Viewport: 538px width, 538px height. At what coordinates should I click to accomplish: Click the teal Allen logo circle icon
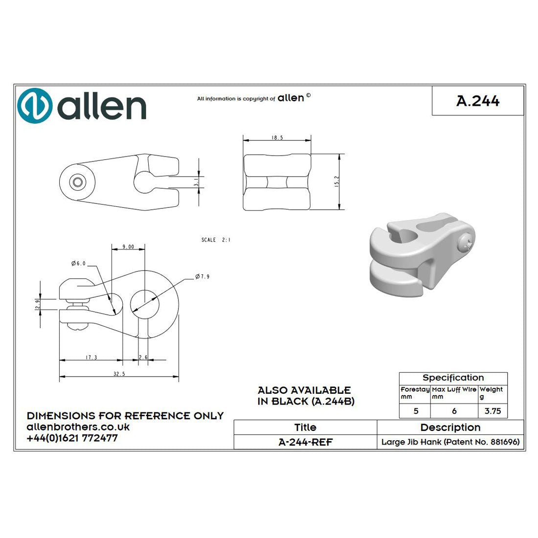(35, 106)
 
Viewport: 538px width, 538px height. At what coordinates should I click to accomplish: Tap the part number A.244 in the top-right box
(478, 101)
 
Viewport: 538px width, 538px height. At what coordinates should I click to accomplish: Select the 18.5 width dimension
(277, 138)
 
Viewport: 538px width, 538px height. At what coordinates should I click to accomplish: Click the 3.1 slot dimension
(196, 182)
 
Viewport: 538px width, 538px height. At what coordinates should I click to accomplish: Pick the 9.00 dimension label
(128, 247)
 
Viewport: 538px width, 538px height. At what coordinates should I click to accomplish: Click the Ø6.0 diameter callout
(78, 264)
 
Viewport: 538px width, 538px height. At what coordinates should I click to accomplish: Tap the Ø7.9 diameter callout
(202, 277)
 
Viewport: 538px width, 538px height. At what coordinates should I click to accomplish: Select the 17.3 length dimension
(91, 358)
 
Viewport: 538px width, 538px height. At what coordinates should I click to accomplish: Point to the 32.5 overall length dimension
(119, 374)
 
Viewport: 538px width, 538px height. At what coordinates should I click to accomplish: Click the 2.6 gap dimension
(143, 358)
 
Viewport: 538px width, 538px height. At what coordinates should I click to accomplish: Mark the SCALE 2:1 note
(216, 240)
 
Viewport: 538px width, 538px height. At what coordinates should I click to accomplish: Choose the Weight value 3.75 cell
(493, 411)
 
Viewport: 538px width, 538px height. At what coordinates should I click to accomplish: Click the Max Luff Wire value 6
(454, 411)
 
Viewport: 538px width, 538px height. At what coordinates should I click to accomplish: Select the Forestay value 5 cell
(416, 411)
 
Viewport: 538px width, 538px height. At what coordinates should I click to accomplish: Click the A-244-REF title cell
(305, 442)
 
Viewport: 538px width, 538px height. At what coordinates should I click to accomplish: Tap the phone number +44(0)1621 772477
(72, 438)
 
